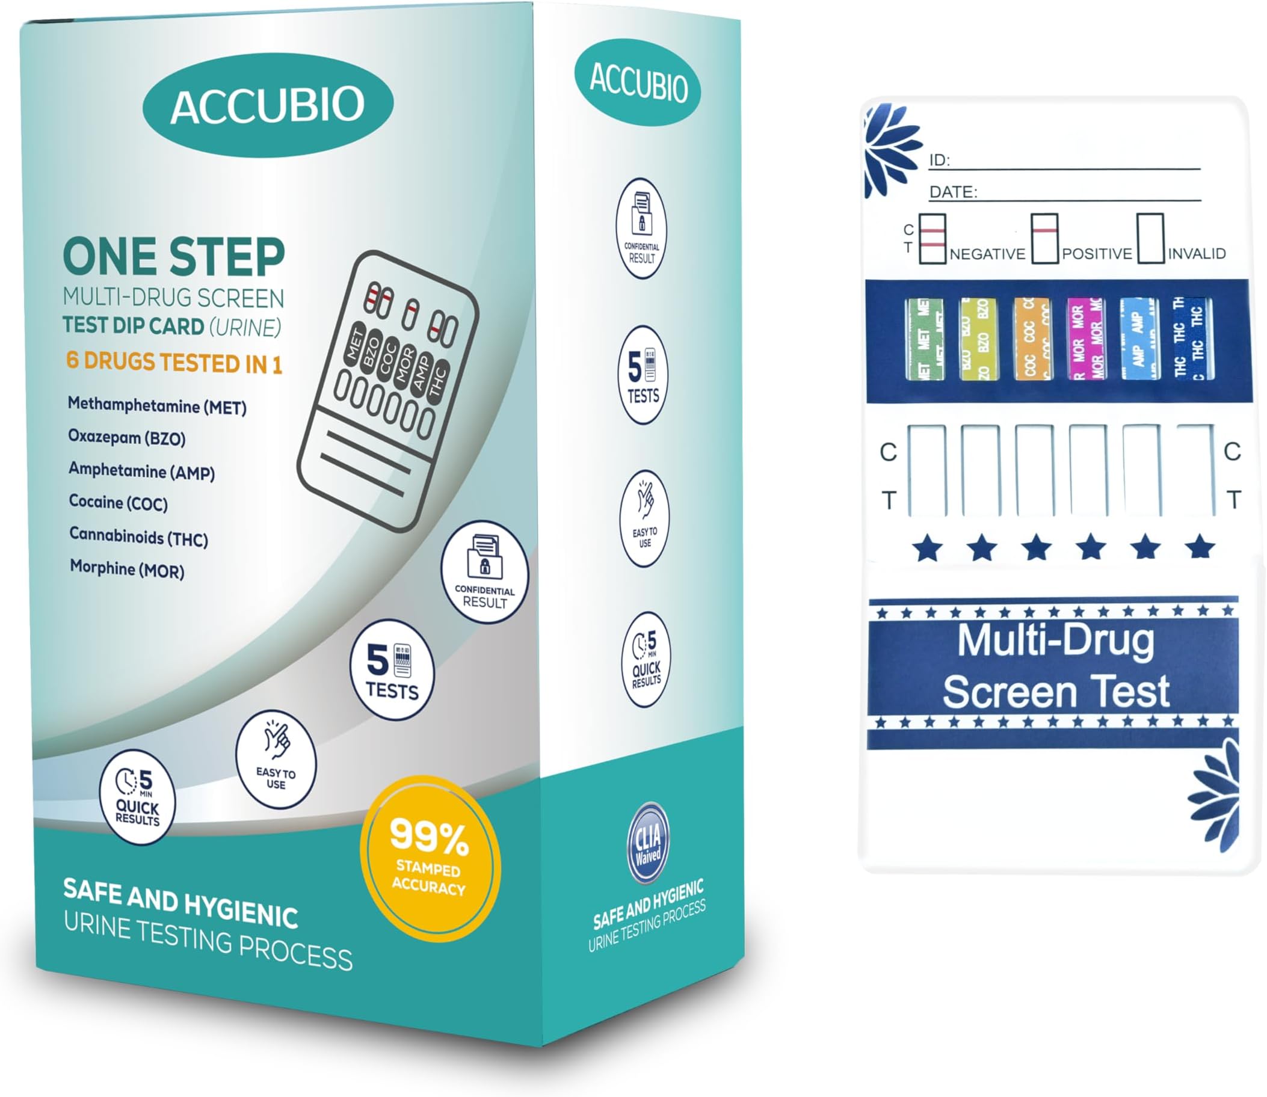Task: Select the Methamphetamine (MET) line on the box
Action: tap(157, 407)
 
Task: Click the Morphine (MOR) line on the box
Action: tap(127, 569)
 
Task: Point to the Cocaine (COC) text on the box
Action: tap(118, 503)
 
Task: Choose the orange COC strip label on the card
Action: tap(1032, 339)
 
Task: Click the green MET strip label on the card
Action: tap(924, 339)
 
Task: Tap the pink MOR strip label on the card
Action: tap(1086, 339)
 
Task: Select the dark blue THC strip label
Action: tap(1193, 339)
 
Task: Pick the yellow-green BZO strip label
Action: tap(978, 339)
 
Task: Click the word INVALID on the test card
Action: tap(1197, 254)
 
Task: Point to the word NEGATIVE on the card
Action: tap(987, 254)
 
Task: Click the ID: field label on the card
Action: tap(939, 161)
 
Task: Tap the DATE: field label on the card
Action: tap(953, 192)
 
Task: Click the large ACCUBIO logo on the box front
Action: tap(268, 105)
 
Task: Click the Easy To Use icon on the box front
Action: tap(276, 759)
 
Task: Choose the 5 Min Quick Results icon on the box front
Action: tap(137, 797)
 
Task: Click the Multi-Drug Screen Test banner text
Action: tap(1055, 666)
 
